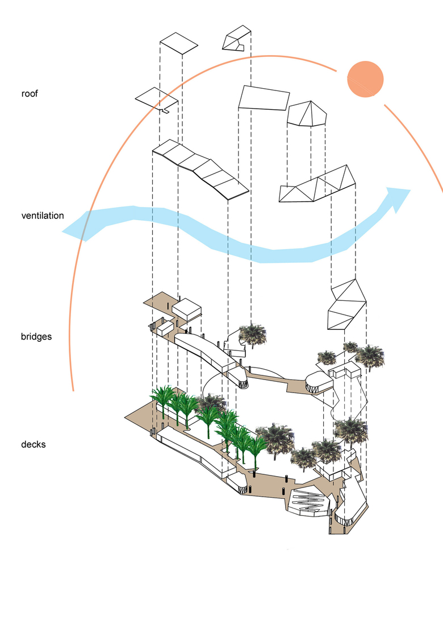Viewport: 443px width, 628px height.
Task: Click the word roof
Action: coord(30,94)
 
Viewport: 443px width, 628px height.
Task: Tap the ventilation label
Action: coord(43,216)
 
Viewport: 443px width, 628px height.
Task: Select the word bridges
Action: coord(36,337)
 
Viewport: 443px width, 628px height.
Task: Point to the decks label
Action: coord(34,444)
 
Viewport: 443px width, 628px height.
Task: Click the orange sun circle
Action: coord(366,79)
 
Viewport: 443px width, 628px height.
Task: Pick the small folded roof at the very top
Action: coord(237,39)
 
